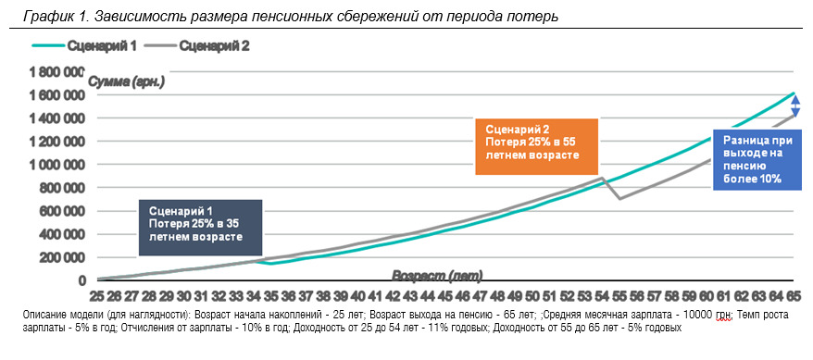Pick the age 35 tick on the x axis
pyautogui.click(x=270, y=296)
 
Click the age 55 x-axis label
pyautogui.click(x=619, y=296)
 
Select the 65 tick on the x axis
pyautogui.click(x=794, y=296)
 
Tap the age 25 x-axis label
pyautogui.click(x=97, y=296)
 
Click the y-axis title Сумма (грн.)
pyautogui.click(x=127, y=81)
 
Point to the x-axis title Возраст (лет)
pyautogui.click(x=437, y=275)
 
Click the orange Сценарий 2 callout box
pyautogui.click(x=537, y=146)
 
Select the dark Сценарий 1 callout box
pyautogui.click(x=201, y=228)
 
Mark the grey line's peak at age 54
pyautogui.click(x=602, y=178)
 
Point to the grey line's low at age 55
pyautogui.click(x=619, y=198)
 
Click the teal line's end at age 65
pyautogui.click(x=794, y=93)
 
